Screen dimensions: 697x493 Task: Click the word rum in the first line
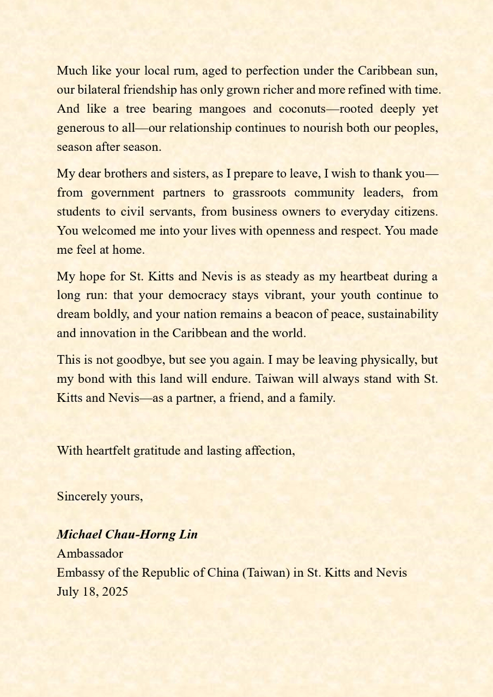click(182, 71)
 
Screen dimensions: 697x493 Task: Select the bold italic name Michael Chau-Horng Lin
click(127, 535)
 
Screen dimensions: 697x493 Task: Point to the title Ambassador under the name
click(90, 554)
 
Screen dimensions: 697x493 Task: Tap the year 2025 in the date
click(114, 592)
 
